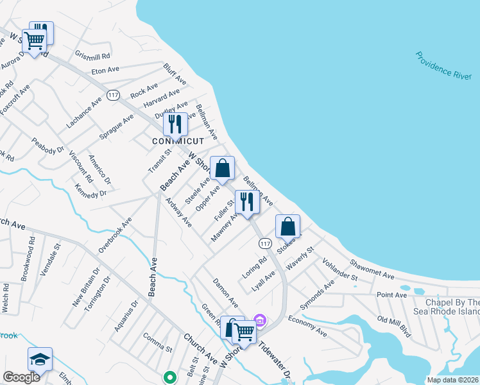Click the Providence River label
(443, 69)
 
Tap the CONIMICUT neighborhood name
(178, 141)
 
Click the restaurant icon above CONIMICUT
(175, 124)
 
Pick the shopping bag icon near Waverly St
(288, 227)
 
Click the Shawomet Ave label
(372, 269)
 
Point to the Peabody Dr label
(48, 146)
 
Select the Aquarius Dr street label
(126, 320)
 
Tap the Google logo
(21, 377)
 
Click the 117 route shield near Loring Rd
(265, 244)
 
